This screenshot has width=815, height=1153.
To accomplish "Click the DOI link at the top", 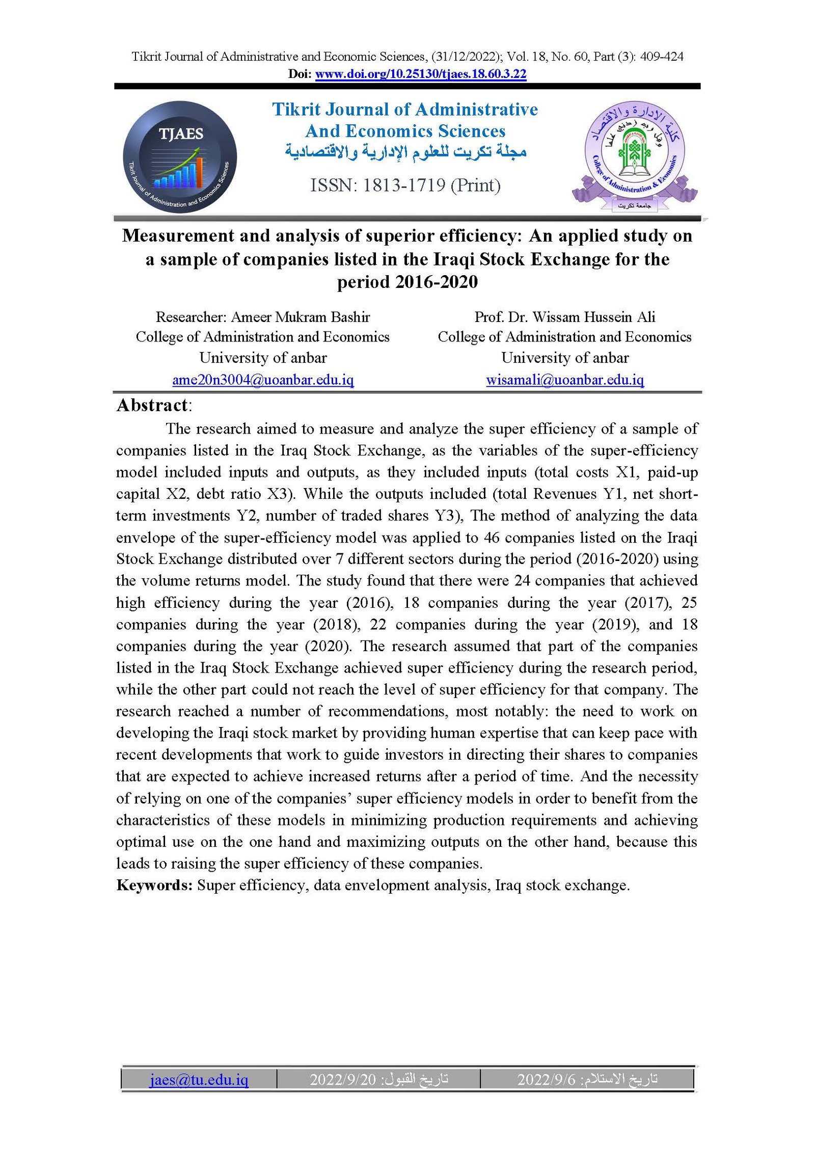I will (x=420, y=74).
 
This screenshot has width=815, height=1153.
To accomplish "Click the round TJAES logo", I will (x=180, y=156).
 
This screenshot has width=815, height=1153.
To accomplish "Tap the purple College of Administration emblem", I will (x=634, y=155).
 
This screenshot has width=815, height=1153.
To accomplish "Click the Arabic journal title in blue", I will (x=405, y=152).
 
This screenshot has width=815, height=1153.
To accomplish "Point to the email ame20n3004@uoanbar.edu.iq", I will (x=263, y=380).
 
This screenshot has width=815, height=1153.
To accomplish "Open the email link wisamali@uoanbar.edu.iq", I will (x=564, y=380).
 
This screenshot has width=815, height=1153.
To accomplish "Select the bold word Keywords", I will (x=154, y=885).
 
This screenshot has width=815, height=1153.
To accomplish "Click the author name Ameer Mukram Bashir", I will (x=300, y=317).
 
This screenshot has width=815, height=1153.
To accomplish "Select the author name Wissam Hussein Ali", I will (x=593, y=317).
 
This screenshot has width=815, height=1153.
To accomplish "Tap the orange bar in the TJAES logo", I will (x=199, y=172).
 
